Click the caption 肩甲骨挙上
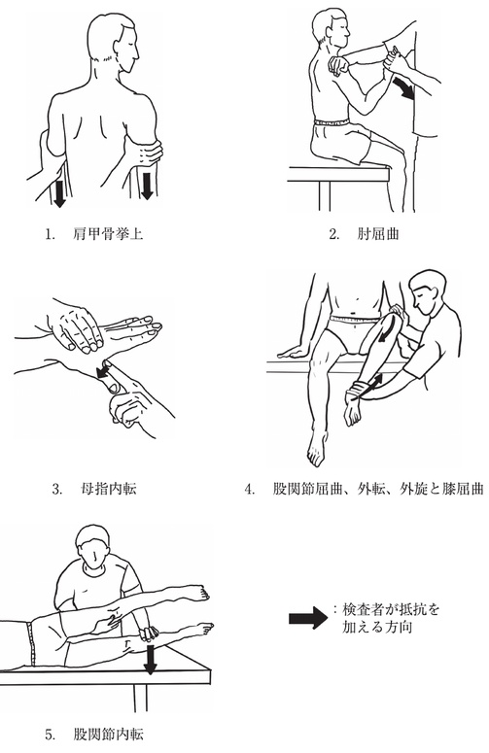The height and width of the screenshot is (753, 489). pyautogui.click(x=109, y=234)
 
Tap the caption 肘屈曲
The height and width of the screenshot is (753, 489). pyautogui.click(x=378, y=234)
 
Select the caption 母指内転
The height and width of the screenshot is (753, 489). pyautogui.click(x=109, y=489)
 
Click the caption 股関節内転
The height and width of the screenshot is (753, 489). pyautogui.click(x=109, y=735)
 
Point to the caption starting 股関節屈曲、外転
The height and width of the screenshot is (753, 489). pyautogui.click(x=377, y=489)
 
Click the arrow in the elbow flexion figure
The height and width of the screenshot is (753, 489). pyautogui.click(x=404, y=88)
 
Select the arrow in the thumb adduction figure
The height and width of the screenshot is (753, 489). pyautogui.click(x=102, y=372)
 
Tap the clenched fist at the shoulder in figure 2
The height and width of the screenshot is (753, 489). pyautogui.click(x=337, y=65)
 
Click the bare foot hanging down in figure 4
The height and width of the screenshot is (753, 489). pyautogui.click(x=317, y=449)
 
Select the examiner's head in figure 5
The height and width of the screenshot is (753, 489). pyautogui.click(x=94, y=546)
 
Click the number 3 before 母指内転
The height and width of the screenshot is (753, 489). pyautogui.click(x=56, y=490)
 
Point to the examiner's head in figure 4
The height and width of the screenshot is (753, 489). pyautogui.click(x=426, y=292)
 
